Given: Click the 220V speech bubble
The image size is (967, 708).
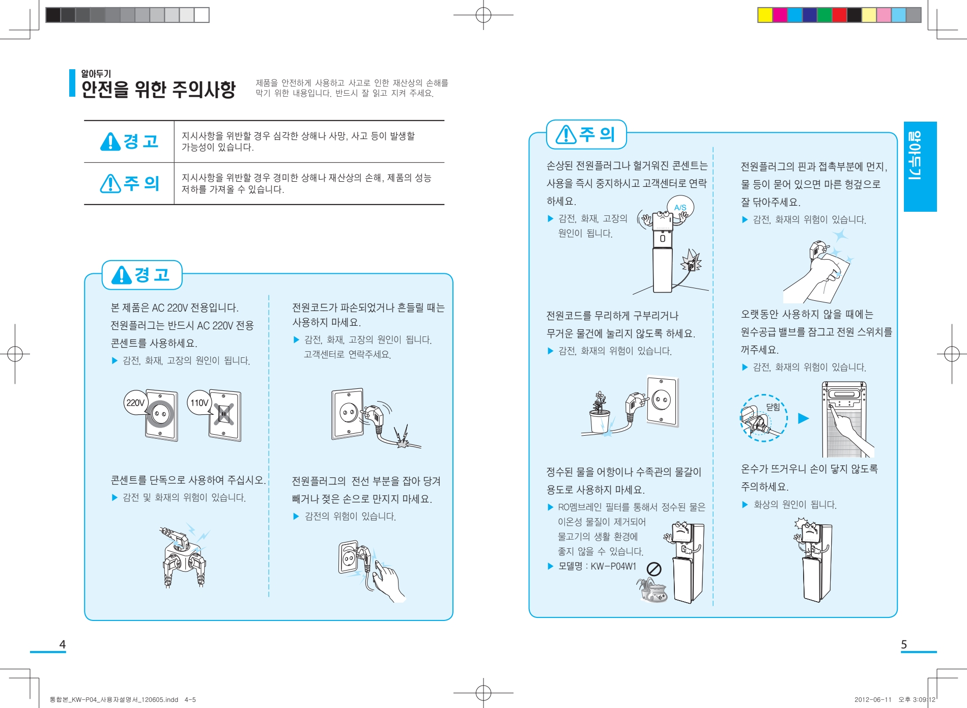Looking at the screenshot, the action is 135,403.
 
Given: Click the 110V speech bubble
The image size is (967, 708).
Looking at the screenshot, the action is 200,403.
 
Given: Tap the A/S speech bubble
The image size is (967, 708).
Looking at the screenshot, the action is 680,207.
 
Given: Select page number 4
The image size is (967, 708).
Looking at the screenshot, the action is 63,644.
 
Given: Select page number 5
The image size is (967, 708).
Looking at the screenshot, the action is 904,644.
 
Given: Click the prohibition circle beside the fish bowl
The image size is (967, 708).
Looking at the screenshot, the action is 654,569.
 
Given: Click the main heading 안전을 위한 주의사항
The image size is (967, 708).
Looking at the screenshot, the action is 158,90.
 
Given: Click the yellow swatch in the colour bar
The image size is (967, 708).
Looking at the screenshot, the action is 765,15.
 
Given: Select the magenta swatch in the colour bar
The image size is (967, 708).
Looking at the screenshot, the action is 780,15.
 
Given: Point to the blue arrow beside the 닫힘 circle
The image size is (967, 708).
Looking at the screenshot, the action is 803,418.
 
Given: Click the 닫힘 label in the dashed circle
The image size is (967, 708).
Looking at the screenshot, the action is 773,407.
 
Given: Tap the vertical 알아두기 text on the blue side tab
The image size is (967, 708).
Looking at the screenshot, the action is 915,156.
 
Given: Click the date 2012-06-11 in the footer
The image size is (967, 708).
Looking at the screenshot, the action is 873,699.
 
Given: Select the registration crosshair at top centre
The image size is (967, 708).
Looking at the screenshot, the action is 483,15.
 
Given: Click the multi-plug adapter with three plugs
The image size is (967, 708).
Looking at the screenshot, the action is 185,557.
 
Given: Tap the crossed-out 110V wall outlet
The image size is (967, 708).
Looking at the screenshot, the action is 224,415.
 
